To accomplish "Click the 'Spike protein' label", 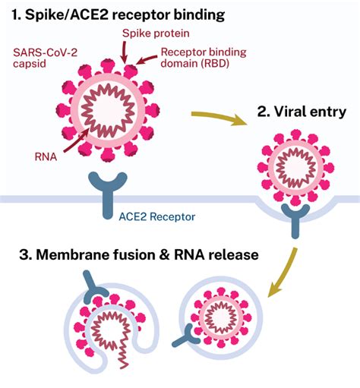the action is [156, 33].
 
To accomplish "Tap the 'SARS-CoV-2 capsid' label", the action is [45, 58].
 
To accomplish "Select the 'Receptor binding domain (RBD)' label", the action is [204, 58].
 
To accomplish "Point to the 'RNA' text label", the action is [46, 157].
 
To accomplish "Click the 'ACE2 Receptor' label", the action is [157, 216].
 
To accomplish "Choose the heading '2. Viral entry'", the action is [302, 112].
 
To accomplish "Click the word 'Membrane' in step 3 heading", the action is [73, 254].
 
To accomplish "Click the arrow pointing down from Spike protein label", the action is [124, 52].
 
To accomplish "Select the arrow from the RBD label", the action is [147, 60].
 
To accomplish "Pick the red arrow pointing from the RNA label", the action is [76, 140].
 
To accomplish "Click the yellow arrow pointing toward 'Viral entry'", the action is [219, 118].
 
